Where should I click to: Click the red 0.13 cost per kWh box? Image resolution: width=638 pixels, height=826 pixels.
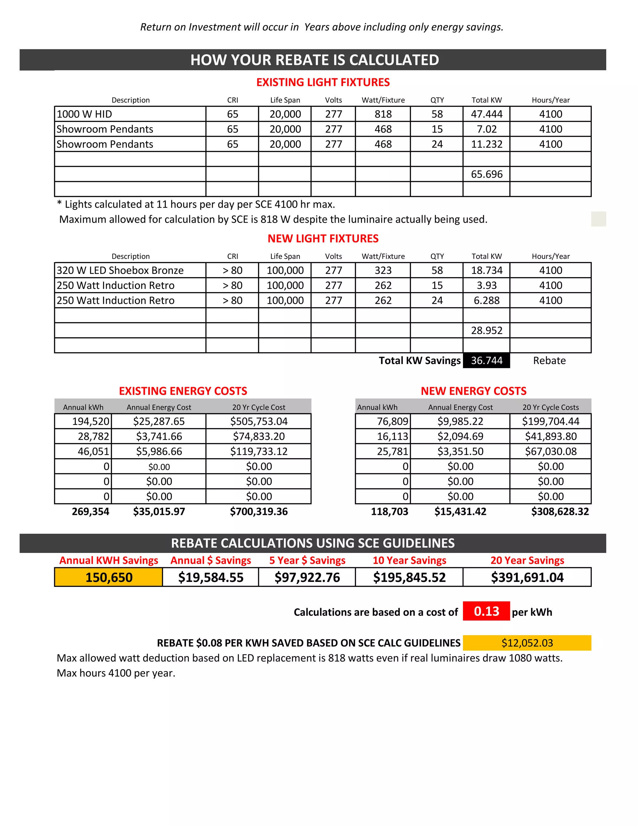[x=486, y=611]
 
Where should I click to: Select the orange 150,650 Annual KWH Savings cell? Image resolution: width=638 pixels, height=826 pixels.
[x=108, y=577]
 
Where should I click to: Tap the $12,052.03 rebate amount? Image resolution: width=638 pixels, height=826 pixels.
[x=527, y=643]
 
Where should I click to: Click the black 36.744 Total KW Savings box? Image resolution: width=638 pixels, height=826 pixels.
[x=486, y=360]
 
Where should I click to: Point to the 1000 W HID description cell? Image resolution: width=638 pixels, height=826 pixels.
[x=130, y=114]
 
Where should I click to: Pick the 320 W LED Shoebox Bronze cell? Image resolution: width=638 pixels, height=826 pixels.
[x=130, y=270]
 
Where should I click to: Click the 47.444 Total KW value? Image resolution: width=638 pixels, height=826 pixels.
[x=486, y=114]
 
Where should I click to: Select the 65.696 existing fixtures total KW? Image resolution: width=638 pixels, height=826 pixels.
[x=486, y=174]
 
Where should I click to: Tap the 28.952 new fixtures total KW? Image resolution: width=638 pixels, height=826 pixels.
[x=486, y=330]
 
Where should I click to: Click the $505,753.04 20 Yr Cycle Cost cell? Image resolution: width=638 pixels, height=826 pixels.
[x=259, y=421]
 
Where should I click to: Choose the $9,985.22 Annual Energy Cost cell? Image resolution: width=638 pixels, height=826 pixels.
[x=460, y=421]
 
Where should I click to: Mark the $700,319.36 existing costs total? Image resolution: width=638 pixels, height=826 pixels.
[x=259, y=511]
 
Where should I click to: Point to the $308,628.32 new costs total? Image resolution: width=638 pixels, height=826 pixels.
[x=560, y=511]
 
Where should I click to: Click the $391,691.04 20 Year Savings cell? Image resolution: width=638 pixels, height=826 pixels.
[x=527, y=577]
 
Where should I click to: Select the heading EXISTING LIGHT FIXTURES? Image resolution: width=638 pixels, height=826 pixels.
[x=323, y=82]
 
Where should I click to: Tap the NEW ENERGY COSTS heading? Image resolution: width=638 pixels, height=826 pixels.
[x=473, y=391]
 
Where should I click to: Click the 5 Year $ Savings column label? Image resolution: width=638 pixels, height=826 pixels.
[x=307, y=560]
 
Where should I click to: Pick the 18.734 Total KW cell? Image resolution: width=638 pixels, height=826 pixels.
[x=486, y=270]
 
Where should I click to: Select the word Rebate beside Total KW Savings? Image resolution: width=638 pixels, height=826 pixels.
[x=549, y=360]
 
